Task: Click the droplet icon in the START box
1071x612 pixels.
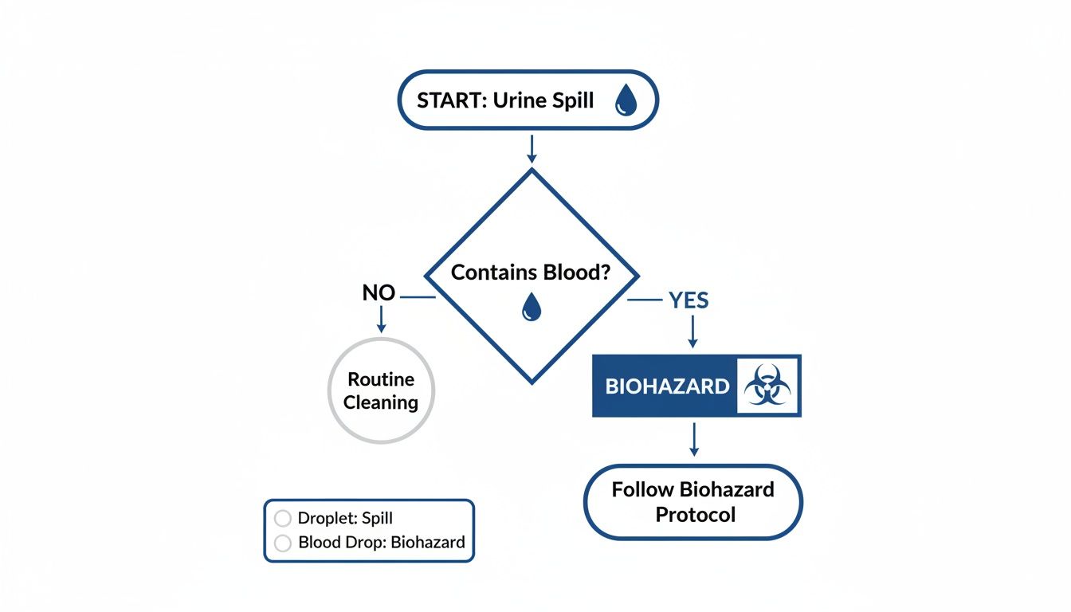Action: coord(626,101)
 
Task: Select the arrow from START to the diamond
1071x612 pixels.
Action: coord(532,148)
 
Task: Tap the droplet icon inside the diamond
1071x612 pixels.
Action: coord(531,307)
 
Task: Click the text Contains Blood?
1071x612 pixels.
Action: coord(531,273)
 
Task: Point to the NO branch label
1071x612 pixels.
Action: coord(379,293)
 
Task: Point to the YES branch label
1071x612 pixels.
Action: coord(688,300)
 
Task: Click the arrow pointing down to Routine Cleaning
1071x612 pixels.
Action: coord(381,319)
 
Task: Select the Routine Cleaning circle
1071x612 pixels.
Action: coord(381,390)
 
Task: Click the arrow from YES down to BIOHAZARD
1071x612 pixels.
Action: coord(692,331)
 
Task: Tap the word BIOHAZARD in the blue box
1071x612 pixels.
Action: coord(667,386)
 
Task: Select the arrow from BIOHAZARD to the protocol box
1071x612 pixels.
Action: coord(693,439)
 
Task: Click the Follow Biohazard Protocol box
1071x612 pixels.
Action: coord(692,502)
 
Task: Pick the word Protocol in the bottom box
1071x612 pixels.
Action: coord(695,515)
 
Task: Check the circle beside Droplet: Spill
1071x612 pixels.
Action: coord(282,518)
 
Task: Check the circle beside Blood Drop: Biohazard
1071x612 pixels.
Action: coord(282,543)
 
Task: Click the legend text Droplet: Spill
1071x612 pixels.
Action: coord(345,518)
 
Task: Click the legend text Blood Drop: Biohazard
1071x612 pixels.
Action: coord(381,543)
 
